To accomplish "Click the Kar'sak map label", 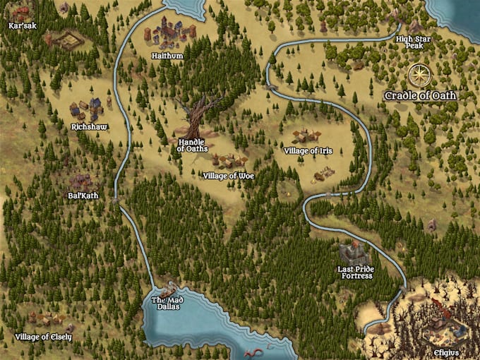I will (22, 26).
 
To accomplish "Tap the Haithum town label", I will (167, 54).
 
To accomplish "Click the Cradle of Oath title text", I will (421, 95).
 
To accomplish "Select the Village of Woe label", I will (227, 175).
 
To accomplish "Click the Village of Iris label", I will (307, 151).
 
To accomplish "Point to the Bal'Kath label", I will (83, 195).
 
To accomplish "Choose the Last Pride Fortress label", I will (356, 272).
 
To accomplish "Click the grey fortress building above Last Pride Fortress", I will (352, 252).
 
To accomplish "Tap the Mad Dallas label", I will (167, 304).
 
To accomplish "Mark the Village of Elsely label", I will (43, 337).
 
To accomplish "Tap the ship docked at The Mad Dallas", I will (169, 292).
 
